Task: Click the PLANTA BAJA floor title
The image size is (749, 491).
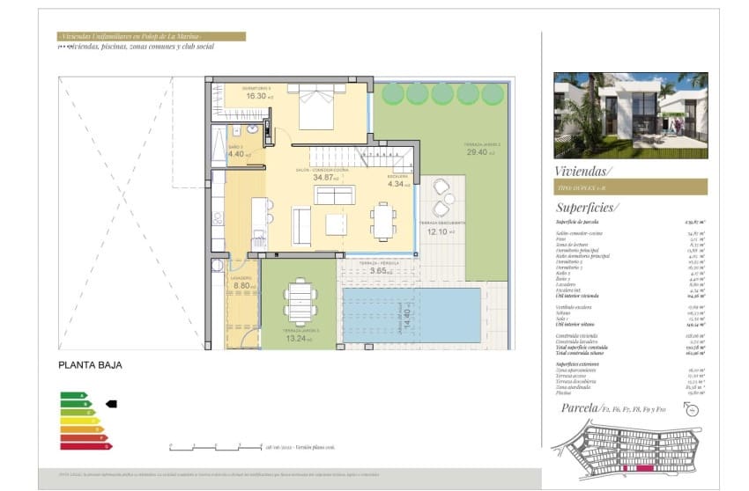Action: [x=90, y=364]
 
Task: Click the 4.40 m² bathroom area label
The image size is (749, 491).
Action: [x=239, y=154]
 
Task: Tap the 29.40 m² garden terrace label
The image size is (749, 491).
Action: [x=482, y=151]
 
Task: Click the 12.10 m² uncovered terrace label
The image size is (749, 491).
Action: [x=440, y=231]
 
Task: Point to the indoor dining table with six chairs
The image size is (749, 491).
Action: [x=383, y=221]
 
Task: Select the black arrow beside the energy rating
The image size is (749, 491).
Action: [x=111, y=404]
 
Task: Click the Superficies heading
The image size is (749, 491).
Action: [x=587, y=208]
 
